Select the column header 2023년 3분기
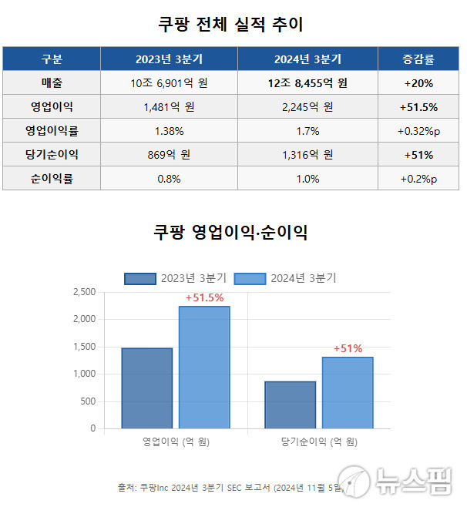point(169,59)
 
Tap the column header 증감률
point(418,59)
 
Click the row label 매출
point(52,82)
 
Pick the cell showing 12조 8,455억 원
point(307,82)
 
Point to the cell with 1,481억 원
point(169,106)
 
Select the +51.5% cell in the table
point(418,106)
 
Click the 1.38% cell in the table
point(169,130)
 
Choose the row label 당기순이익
point(52,154)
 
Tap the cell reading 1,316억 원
point(307,154)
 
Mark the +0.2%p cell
point(418,178)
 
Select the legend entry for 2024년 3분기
point(285,278)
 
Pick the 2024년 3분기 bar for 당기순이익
point(348,392)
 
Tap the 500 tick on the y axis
point(87,401)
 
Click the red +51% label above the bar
point(348,348)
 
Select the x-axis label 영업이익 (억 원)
point(176,442)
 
